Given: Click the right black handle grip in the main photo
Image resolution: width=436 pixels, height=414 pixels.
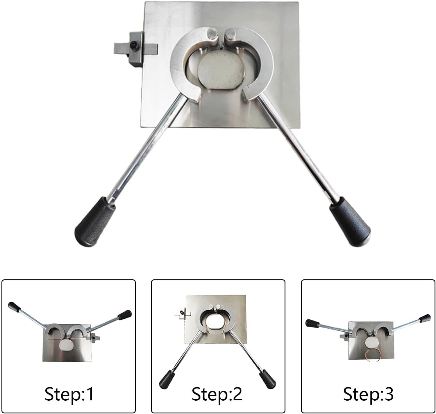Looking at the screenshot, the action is click(x=350, y=221).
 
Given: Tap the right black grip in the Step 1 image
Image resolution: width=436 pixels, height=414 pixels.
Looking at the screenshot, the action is click(x=125, y=314).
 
